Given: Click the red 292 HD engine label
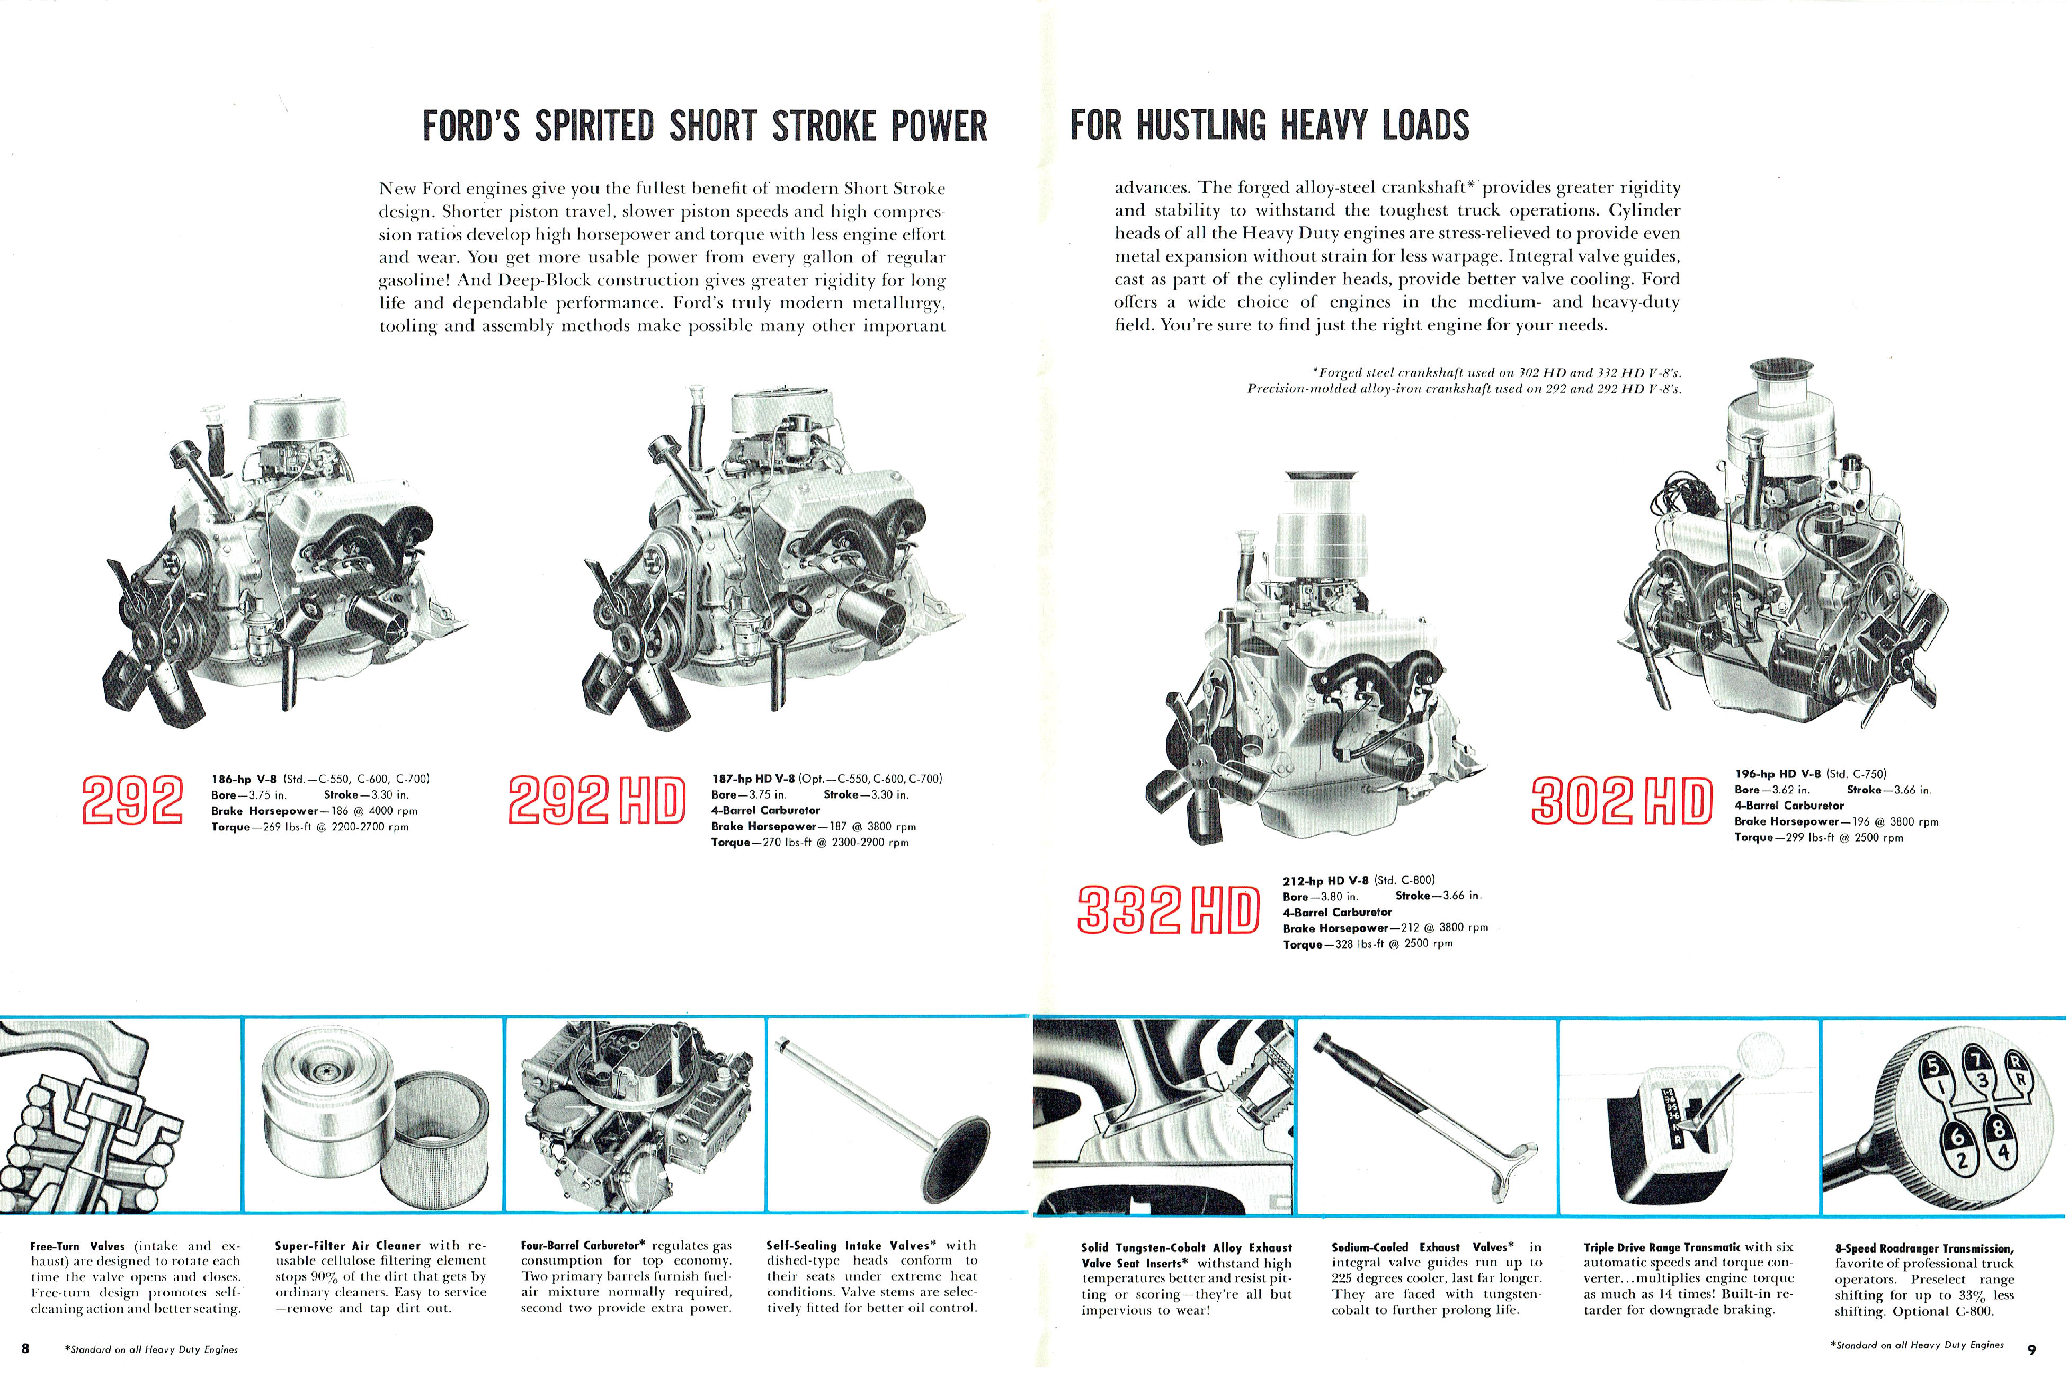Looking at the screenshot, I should tap(596, 800).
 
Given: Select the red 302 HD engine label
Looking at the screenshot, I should tap(1621, 800).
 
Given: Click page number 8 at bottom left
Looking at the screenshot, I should tap(25, 1348).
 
